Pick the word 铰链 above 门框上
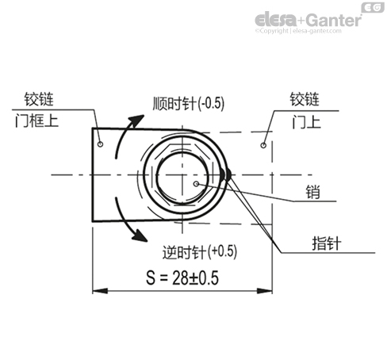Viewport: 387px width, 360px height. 31,100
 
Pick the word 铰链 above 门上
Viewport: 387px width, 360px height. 304,100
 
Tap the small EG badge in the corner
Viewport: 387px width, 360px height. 372,8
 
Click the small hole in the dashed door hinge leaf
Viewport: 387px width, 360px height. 262,147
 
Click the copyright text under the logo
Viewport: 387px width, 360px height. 307,33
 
